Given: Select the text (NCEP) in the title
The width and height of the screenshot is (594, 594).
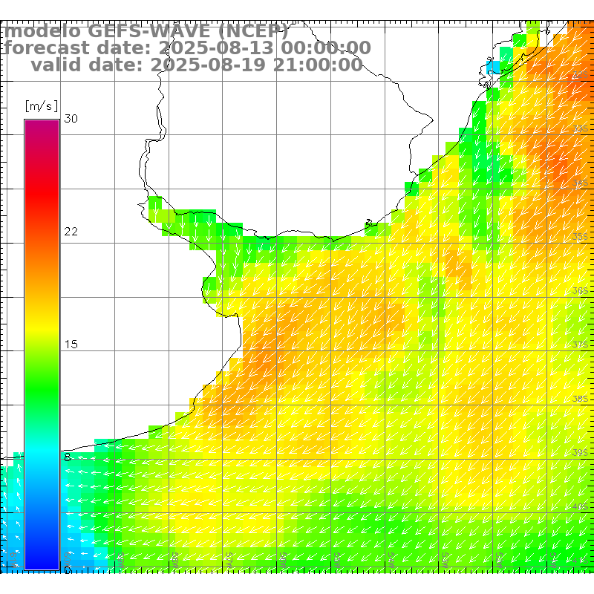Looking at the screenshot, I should (x=252, y=32).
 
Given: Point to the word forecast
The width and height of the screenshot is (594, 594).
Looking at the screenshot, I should (x=49, y=48).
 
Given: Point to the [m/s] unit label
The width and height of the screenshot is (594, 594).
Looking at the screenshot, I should (x=41, y=106).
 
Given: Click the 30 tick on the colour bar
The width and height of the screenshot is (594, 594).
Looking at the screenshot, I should (x=71, y=119).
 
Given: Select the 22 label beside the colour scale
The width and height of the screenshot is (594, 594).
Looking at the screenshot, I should (x=71, y=232).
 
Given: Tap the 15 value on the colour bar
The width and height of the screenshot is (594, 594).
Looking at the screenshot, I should (x=71, y=345).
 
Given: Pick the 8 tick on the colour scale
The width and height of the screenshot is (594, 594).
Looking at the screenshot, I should (x=68, y=457).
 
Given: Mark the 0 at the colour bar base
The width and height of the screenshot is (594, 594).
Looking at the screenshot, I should (x=68, y=569).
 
